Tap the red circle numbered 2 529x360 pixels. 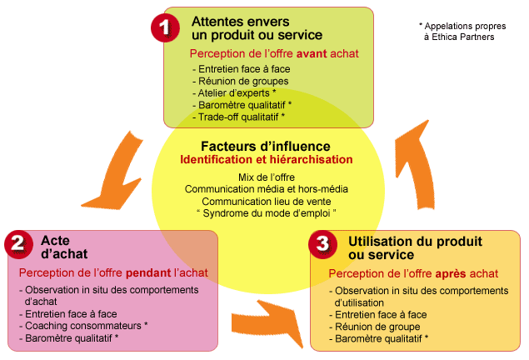(18, 244)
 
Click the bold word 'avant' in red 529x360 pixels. (298, 53)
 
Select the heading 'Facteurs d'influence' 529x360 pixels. (266, 146)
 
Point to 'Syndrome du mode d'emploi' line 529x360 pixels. (266, 213)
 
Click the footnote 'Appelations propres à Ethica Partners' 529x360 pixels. (467, 31)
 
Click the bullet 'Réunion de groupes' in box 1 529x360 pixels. (240, 81)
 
